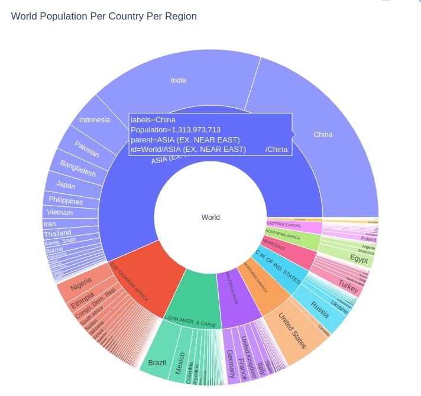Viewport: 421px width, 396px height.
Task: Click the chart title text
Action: click(x=103, y=16)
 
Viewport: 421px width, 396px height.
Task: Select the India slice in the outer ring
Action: click(x=178, y=80)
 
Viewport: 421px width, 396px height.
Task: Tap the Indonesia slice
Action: click(x=95, y=120)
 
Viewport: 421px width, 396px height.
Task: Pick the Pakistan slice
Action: click(x=86, y=148)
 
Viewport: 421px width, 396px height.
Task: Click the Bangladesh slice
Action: click(x=77, y=168)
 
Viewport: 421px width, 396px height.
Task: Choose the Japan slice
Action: click(x=66, y=186)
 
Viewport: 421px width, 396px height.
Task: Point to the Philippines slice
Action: click(x=65, y=200)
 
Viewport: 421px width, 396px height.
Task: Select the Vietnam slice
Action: click(x=60, y=212)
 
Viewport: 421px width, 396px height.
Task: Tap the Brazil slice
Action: click(x=157, y=362)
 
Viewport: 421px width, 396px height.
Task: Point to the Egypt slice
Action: click(x=358, y=259)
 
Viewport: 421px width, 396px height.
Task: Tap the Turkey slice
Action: click(x=348, y=284)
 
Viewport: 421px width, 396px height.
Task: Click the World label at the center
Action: click(x=210, y=218)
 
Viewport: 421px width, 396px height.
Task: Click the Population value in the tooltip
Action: click(x=176, y=130)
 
